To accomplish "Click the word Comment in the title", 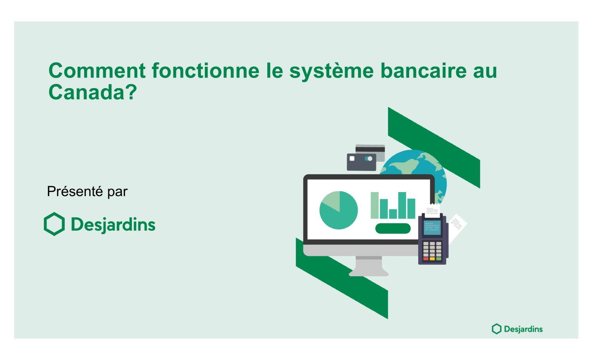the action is pyautogui.click(x=97, y=71).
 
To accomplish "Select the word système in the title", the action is pyautogui.click(x=331, y=72).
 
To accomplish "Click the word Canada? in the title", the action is pyautogui.click(x=93, y=92).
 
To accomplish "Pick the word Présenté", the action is pyautogui.click(x=75, y=191).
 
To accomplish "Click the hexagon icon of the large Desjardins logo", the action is pyautogui.click(x=54, y=224).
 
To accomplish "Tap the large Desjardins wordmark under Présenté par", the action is pyautogui.click(x=113, y=225).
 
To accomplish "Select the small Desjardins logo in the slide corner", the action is pyautogui.click(x=517, y=329).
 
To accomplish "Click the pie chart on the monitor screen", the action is pyautogui.click(x=338, y=210).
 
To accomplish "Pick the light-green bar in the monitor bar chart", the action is pyautogui.click(x=375, y=205).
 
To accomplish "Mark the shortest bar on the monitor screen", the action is pyautogui.click(x=393, y=214).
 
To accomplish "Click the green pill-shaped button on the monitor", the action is pyautogui.click(x=393, y=228).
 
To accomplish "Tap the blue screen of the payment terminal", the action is pyautogui.click(x=432, y=228).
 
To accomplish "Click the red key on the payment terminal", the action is pyautogui.click(x=426, y=258).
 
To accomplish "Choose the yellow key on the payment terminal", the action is pyautogui.click(x=432, y=258).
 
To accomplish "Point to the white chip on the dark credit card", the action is pyautogui.click(x=352, y=158).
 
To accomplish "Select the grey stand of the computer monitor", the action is pyautogui.click(x=369, y=266).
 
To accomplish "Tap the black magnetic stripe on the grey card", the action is pyautogui.click(x=370, y=149).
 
